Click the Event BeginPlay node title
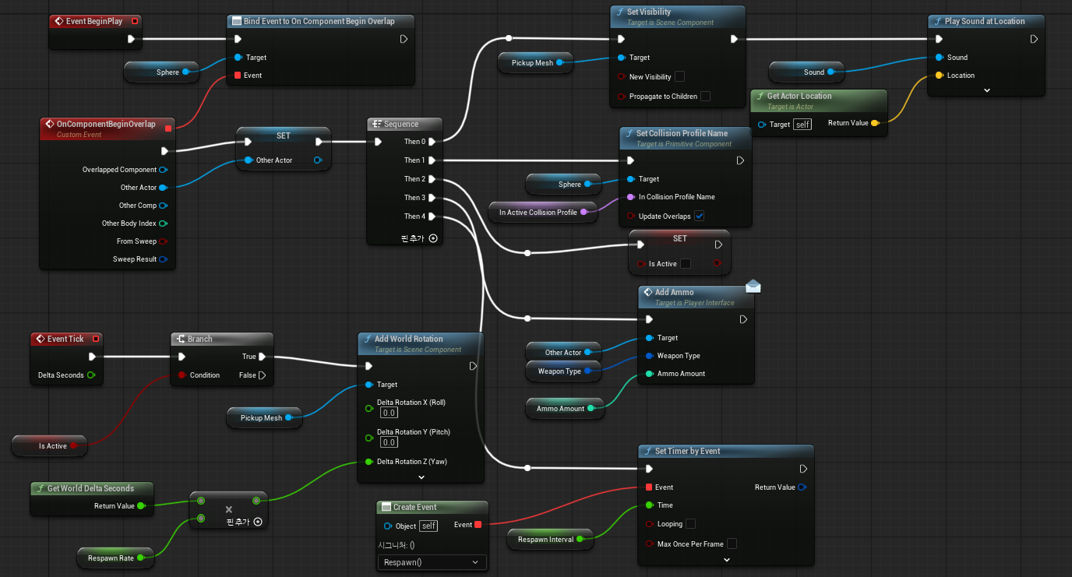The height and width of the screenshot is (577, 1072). [94, 21]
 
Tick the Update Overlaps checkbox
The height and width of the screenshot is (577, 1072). [699, 216]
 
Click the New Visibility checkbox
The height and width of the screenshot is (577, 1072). [679, 76]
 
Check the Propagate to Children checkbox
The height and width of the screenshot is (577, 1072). [705, 97]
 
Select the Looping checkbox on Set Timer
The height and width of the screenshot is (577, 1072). [690, 524]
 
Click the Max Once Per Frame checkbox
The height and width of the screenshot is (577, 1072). [732, 544]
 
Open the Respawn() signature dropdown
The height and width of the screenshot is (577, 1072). [432, 562]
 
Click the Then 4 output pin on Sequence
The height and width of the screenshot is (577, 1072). [432, 216]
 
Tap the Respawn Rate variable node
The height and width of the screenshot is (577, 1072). [115, 558]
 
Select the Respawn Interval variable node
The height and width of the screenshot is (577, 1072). [550, 539]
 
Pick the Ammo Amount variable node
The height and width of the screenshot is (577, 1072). [564, 408]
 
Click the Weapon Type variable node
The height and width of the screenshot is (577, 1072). [562, 371]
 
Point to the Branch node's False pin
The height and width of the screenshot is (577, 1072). [263, 375]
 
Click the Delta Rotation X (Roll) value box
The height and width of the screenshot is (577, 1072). [389, 413]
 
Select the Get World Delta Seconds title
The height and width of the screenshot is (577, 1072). [90, 488]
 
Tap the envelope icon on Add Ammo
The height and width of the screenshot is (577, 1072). [753, 286]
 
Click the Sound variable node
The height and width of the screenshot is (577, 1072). [806, 72]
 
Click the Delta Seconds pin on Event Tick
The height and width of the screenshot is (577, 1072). [91, 375]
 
